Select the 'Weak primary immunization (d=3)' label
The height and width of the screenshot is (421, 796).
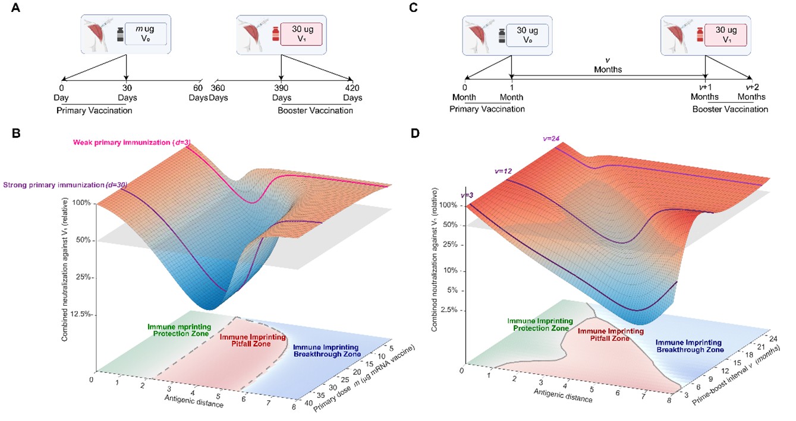tap(131, 142)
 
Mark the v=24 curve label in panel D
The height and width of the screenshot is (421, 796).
tap(552, 138)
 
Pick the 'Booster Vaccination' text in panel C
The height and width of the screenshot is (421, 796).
tap(730, 109)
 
